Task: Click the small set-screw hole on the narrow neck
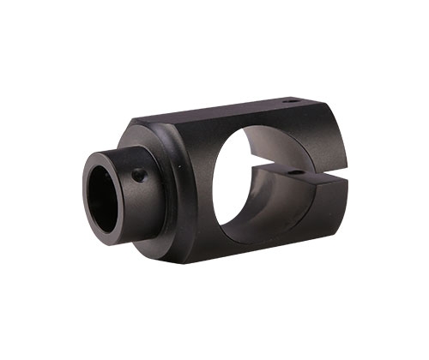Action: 137,176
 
